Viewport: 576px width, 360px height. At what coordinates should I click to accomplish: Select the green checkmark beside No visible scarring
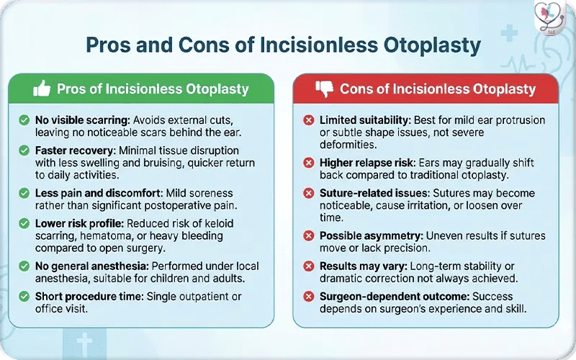click(24, 120)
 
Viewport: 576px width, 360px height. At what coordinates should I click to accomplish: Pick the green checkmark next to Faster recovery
click(24, 151)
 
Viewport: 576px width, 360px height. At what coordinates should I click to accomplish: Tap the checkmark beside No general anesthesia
click(24, 266)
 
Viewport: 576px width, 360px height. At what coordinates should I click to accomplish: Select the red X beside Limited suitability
click(308, 120)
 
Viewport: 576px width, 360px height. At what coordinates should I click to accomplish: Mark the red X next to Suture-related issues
click(308, 194)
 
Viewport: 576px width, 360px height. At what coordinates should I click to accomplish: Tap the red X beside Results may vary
click(308, 266)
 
